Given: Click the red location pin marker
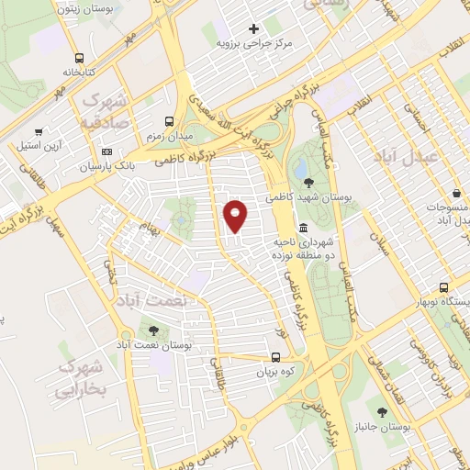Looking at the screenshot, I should pyautogui.click(x=237, y=215).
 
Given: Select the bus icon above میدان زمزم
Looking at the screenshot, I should pyautogui.click(x=168, y=121).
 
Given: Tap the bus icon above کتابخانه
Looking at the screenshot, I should pyautogui.click(x=80, y=55).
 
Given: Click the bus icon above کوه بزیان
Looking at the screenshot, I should pyautogui.click(x=275, y=358).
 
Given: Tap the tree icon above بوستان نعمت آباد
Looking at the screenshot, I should pyautogui.click(x=152, y=331).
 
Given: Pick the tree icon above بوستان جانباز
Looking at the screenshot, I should pyautogui.click(x=382, y=412).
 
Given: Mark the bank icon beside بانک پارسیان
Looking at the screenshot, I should pyautogui.click(x=107, y=151).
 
